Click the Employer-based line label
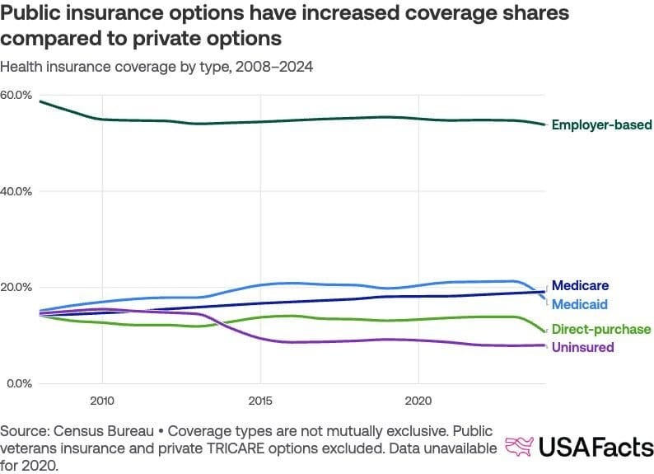[x=601, y=125]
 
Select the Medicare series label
[x=580, y=286]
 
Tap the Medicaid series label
[x=580, y=304]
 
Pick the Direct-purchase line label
[x=601, y=329]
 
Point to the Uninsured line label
[x=582, y=347]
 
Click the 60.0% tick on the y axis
[x=16, y=95]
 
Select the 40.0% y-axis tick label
[x=16, y=191]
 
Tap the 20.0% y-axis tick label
[x=16, y=287]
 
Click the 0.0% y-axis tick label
[x=18, y=383]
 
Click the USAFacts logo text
[x=596, y=447]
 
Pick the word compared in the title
[x=47, y=39]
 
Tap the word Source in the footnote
[x=22, y=431]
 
